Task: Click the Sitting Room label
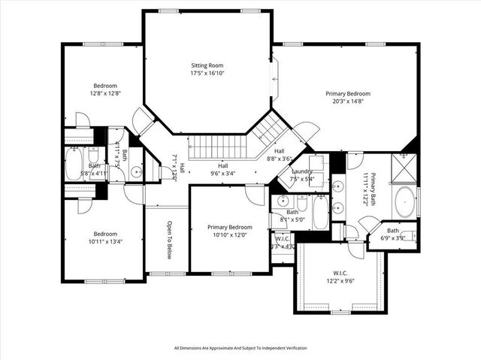pyautogui.click(x=207, y=65)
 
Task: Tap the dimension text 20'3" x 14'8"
pyautogui.click(x=347, y=101)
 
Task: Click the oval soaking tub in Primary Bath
pyautogui.click(x=404, y=204)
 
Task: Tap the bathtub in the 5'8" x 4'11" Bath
pyautogui.click(x=74, y=165)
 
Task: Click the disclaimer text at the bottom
pyautogui.click(x=240, y=348)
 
